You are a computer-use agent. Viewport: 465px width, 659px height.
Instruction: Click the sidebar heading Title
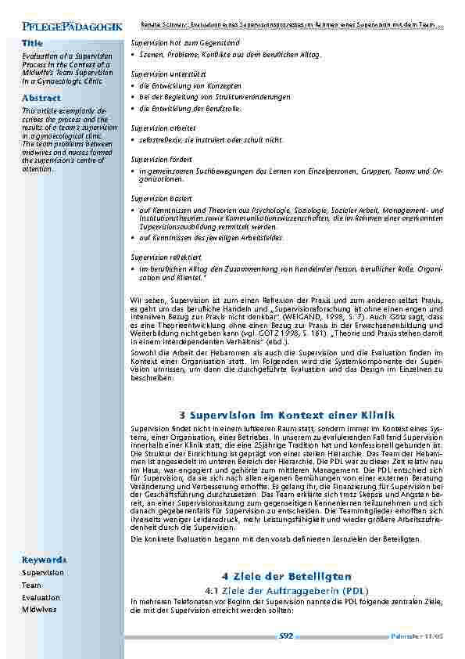[32, 43]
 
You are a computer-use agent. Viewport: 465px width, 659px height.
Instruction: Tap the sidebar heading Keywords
[44, 560]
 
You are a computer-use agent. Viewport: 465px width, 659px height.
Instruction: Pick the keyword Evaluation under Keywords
[41, 597]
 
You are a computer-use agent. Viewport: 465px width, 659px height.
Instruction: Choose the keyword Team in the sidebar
[31, 585]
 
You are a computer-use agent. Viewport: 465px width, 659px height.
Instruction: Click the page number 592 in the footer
[285, 636]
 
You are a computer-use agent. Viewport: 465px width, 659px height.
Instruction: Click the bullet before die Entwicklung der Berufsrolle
[133, 109]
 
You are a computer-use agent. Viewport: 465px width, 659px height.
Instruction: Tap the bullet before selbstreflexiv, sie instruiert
[133, 139]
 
